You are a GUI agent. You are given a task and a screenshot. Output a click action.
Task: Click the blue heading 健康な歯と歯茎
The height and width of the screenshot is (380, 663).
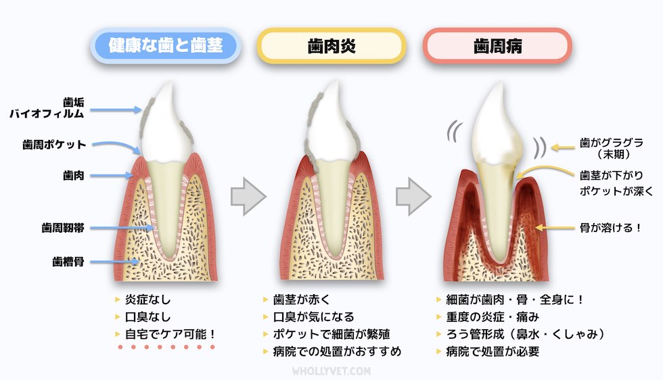point(166,46)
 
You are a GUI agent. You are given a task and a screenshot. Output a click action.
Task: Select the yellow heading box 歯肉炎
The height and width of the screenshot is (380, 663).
point(331,46)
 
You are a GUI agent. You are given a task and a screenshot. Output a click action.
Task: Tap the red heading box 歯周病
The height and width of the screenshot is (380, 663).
point(497,46)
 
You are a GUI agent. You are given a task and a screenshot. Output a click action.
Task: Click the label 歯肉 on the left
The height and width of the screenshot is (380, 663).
point(73,175)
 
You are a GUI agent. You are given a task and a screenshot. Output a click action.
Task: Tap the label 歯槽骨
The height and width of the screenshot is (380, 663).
point(68,260)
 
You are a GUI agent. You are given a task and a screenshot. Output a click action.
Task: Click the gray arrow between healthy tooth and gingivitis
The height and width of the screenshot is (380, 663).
point(249,197)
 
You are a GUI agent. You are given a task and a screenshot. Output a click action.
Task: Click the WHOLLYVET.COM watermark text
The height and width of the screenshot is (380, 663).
point(331,371)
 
